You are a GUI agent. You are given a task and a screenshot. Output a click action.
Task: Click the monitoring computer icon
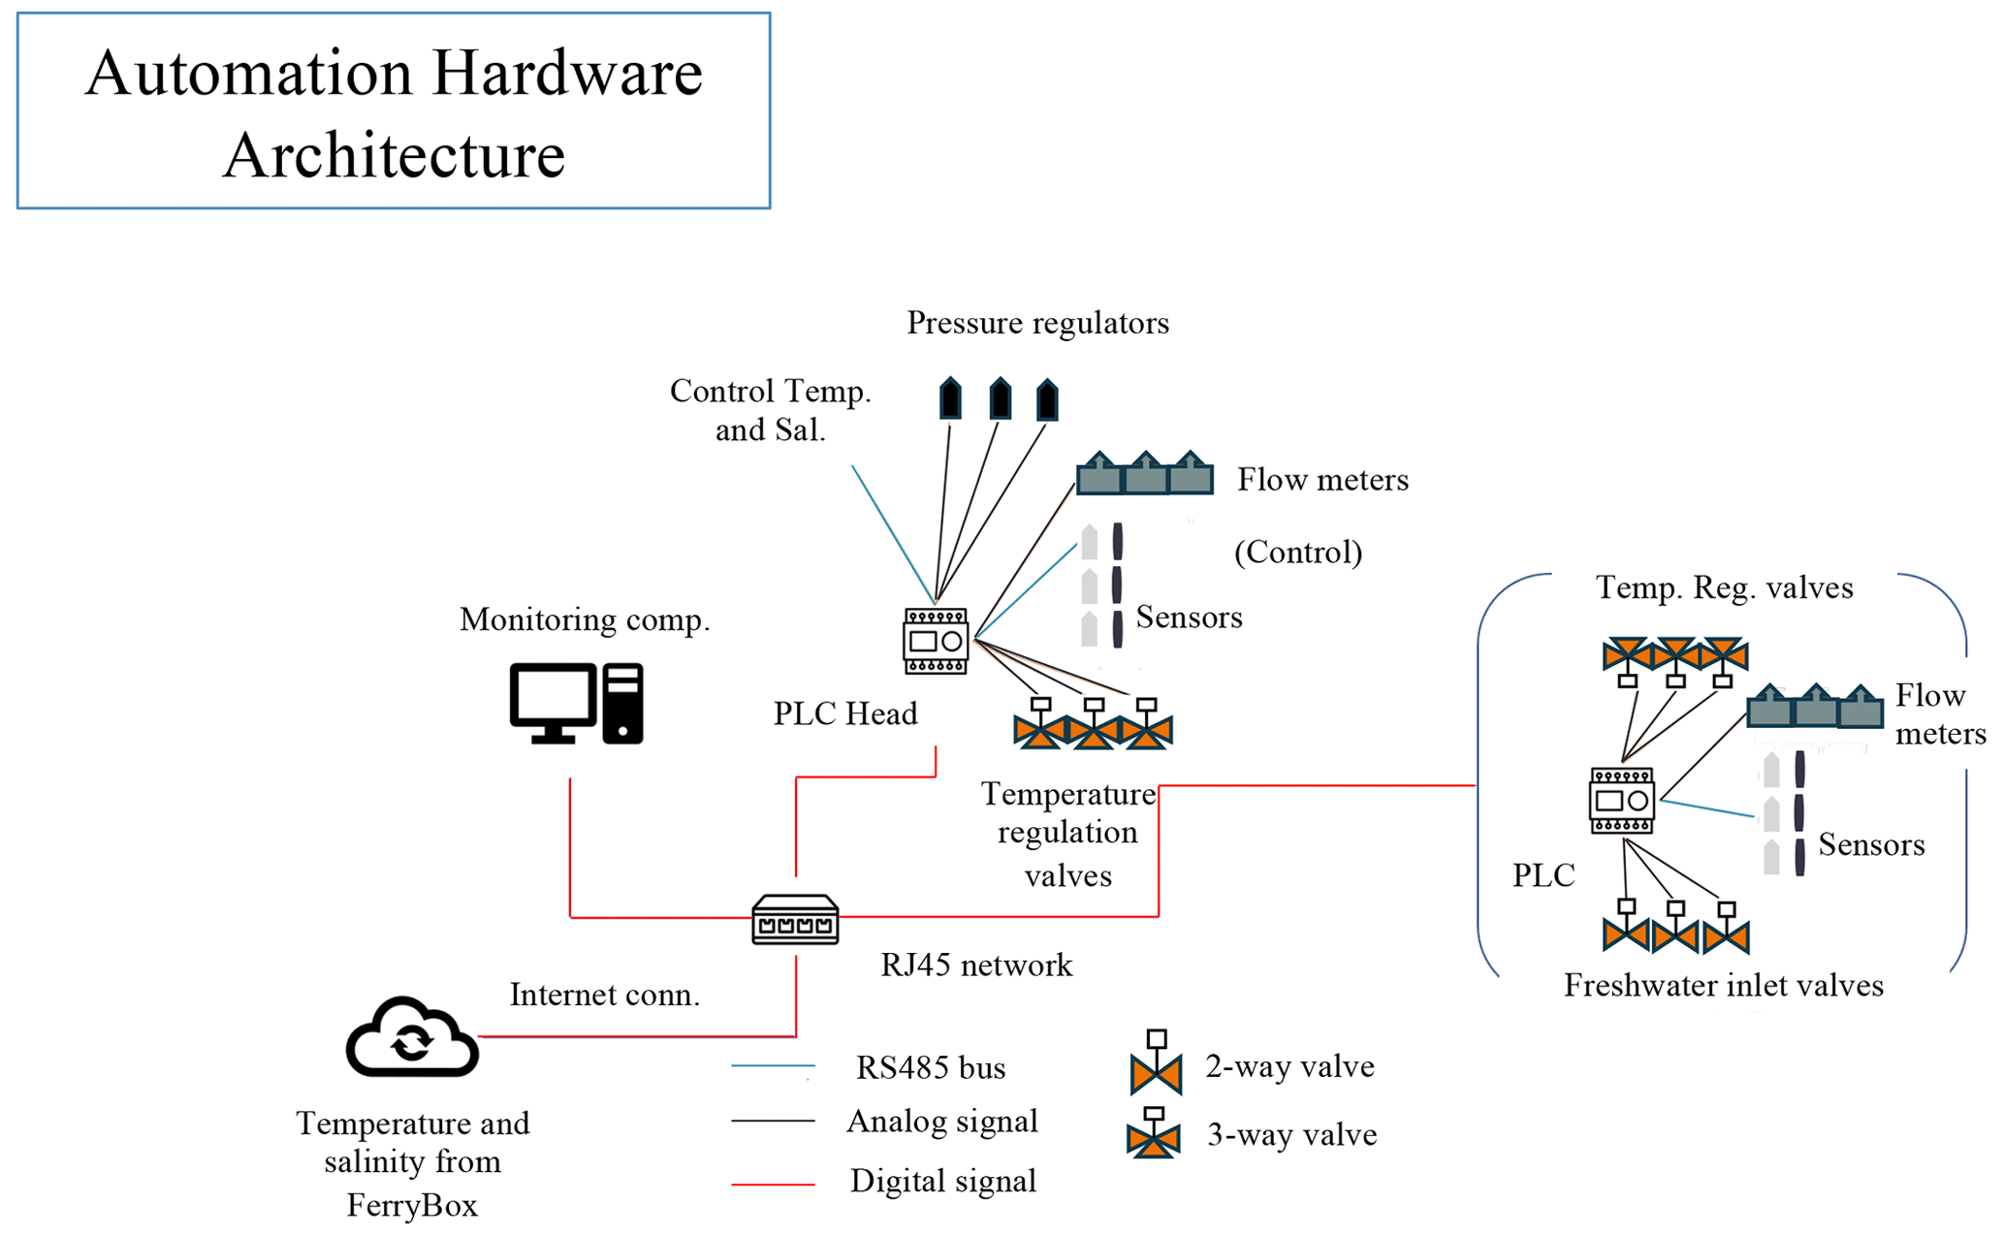576,704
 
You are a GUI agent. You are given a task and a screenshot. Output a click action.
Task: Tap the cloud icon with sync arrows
412,1037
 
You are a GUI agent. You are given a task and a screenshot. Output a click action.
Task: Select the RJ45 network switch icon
795,919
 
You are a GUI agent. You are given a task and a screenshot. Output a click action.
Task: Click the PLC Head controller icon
936,641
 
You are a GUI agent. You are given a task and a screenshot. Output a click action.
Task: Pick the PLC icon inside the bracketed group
1622,801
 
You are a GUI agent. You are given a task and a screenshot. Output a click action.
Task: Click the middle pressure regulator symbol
1000,399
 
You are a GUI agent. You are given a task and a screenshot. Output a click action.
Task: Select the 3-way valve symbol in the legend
1154,1134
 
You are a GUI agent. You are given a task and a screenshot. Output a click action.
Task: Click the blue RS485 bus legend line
773,1066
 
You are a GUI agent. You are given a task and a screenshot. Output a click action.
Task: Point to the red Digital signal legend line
773,1184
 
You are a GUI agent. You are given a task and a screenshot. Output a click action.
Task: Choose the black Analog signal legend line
773,1122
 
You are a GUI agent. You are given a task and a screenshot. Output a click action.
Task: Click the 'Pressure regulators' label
1037,323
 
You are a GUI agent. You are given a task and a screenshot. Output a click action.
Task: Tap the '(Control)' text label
1298,553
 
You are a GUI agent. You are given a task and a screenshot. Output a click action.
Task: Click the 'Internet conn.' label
605,995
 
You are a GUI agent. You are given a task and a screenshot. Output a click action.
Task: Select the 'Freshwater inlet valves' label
1723,986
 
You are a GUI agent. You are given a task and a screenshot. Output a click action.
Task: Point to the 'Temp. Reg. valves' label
1724,587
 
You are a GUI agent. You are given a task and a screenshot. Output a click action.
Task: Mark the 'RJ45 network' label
976,966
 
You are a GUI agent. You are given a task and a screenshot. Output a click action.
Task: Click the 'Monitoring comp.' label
585,619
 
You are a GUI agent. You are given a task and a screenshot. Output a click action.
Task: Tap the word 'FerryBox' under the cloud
412,1206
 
